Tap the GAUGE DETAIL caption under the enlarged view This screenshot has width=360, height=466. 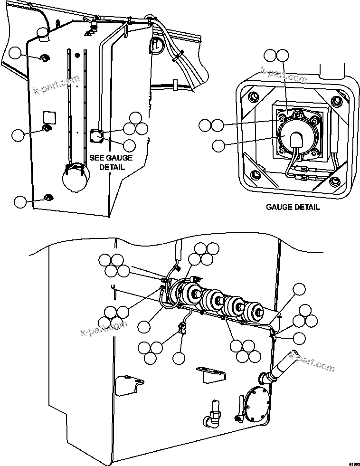293,207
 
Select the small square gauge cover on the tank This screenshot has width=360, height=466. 96,136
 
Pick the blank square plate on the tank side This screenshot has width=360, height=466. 49,116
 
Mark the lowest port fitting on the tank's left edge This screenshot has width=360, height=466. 47,197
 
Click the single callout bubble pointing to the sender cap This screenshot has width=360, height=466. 218,146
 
